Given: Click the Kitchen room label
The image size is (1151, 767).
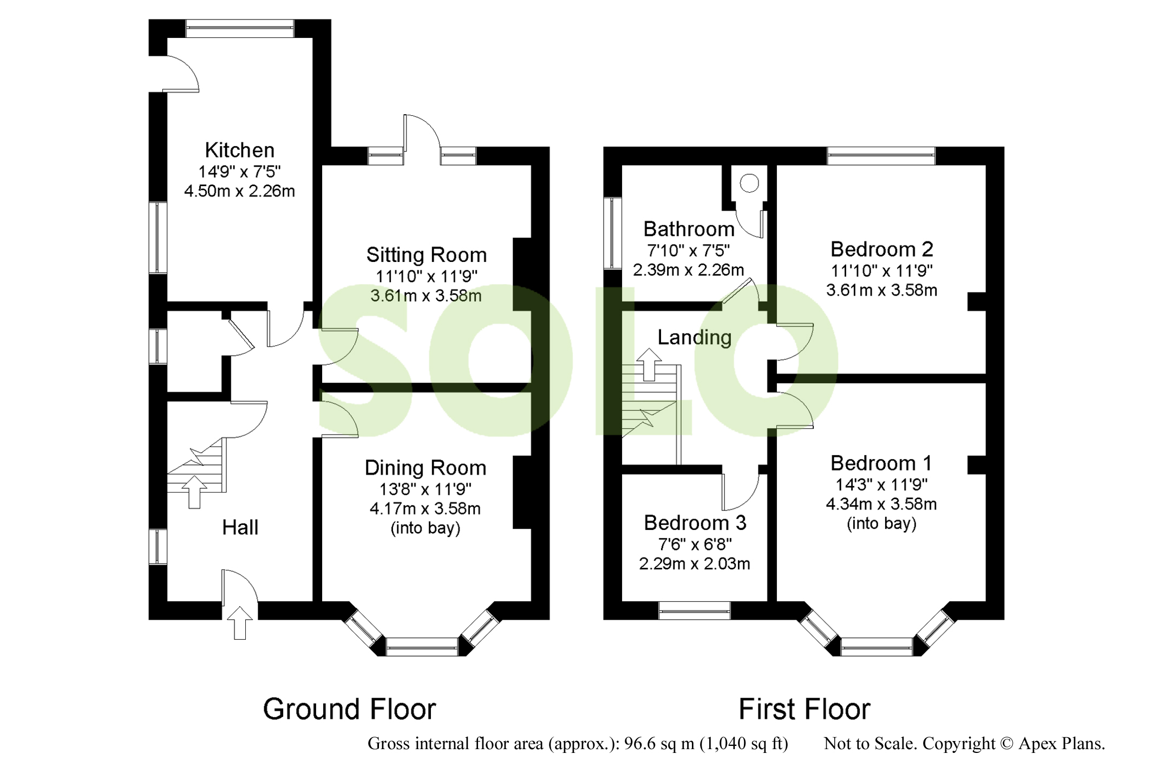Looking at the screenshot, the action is click(x=239, y=150).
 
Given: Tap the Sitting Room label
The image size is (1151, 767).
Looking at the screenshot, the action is click(x=426, y=255).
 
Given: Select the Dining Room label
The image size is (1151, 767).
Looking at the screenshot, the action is click(x=425, y=468).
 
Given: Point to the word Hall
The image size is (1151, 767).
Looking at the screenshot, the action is click(x=240, y=527).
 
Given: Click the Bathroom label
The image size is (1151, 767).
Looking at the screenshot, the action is click(x=689, y=229).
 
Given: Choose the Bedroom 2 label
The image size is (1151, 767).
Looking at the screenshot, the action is click(x=881, y=249).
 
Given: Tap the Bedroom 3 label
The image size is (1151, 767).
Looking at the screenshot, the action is click(x=695, y=523).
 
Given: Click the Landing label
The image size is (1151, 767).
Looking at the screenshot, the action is click(x=694, y=337).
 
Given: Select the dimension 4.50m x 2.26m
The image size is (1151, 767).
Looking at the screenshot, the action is click(x=239, y=191).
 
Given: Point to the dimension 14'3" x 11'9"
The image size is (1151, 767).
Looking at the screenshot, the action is click(x=881, y=484).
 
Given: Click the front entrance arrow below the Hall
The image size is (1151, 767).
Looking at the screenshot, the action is click(x=240, y=622).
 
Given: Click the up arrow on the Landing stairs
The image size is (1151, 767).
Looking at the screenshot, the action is click(x=649, y=364).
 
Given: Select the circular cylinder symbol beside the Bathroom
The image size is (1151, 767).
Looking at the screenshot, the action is click(x=749, y=183).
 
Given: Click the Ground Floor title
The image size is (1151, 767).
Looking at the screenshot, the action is click(x=349, y=709).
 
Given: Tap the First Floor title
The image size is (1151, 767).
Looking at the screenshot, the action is click(x=804, y=709).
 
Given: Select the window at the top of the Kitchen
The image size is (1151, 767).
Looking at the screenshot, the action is click(x=240, y=29).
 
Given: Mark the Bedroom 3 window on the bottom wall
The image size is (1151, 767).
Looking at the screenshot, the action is click(x=695, y=611).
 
